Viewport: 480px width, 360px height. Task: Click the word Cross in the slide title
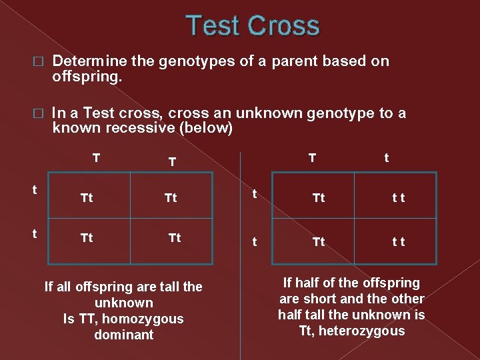coord(284,26)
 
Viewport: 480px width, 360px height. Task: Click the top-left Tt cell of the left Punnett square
coord(87,198)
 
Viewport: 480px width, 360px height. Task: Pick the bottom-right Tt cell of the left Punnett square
coord(175,238)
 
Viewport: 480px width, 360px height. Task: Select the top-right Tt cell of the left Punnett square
coord(171,198)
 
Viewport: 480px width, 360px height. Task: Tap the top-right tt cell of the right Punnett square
coord(398,198)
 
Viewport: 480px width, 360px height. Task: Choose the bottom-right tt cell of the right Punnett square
coord(398,242)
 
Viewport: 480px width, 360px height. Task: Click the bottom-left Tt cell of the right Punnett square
coord(319,242)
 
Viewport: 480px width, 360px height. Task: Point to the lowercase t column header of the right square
coord(387,158)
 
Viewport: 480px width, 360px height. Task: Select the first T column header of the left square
coord(97,158)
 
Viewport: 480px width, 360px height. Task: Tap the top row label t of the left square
coord(35,189)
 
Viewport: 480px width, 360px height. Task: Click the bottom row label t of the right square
coord(253,242)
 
